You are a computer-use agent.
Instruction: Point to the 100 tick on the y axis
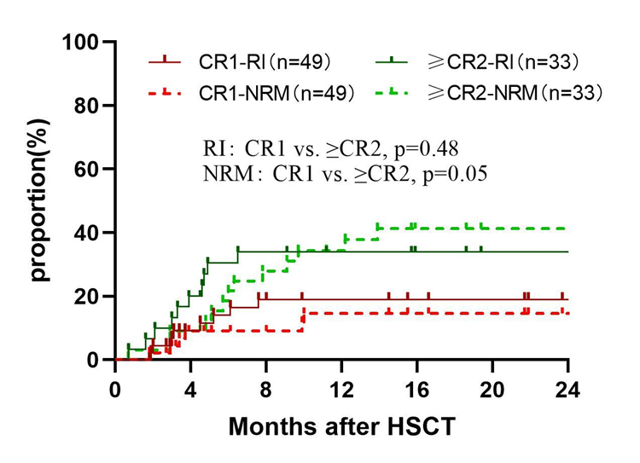pos(84,42)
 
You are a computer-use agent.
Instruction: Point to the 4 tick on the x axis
pos(190,390)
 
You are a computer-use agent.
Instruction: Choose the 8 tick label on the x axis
pos(266,390)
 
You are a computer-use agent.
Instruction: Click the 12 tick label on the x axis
pos(341,390)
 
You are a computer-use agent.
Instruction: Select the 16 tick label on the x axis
pos(416,390)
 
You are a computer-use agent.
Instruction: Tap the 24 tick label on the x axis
pos(567,390)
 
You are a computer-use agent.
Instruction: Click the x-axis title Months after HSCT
pos(340,427)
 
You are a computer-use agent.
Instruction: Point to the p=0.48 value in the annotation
pos(428,148)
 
